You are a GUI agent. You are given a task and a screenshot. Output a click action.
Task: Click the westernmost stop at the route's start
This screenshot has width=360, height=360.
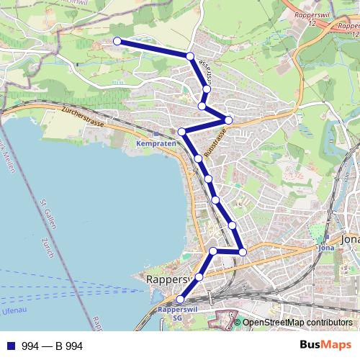pyautogui.click(x=117, y=41)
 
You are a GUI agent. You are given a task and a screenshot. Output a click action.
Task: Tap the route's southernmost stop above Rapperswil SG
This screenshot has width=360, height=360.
pyautogui.click(x=180, y=300)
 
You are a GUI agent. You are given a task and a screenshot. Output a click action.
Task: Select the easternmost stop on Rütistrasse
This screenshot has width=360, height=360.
pyautogui.click(x=228, y=120)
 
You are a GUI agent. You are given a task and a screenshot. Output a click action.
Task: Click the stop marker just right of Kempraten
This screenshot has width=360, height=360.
pyautogui.click(x=182, y=132)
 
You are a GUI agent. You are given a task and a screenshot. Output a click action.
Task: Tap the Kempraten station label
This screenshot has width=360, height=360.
pyautogui.click(x=152, y=143)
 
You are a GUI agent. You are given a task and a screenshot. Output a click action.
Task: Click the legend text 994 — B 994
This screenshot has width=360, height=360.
pyautogui.click(x=53, y=346)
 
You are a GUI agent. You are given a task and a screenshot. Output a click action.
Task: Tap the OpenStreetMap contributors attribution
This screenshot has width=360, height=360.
pyautogui.click(x=297, y=323)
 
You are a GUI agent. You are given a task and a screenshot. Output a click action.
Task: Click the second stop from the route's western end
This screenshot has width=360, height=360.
pyautogui.click(x=190, y=56)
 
